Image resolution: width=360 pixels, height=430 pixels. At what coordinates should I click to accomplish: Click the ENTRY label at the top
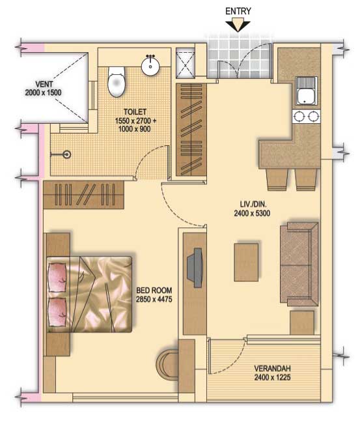(238, 11)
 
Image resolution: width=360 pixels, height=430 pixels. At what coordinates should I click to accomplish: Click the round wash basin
(150, 65)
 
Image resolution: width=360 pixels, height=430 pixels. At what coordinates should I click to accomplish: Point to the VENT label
(44, 84)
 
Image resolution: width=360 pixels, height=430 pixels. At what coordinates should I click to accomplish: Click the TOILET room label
(135, 111)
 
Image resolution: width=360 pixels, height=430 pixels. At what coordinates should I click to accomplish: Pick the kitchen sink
(307, 91)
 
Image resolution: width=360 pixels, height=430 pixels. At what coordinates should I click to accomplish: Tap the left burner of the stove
(299, 117)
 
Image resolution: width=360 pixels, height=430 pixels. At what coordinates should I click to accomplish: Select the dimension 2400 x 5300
(252, 213)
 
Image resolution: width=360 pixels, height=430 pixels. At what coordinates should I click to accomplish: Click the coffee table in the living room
(246, 262)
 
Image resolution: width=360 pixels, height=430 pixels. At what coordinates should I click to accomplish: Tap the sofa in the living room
(299, 264)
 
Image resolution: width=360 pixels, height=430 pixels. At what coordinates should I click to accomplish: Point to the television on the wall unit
(195, 268)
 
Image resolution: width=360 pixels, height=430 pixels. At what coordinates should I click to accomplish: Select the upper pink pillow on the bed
(57, 277)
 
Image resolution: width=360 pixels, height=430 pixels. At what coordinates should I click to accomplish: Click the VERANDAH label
(272, 368)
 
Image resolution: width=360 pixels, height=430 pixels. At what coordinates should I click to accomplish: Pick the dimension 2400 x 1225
(272, 377)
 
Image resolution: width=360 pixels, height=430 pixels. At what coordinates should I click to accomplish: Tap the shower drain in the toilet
(66, 154)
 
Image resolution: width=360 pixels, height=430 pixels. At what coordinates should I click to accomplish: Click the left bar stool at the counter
(277, 179)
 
